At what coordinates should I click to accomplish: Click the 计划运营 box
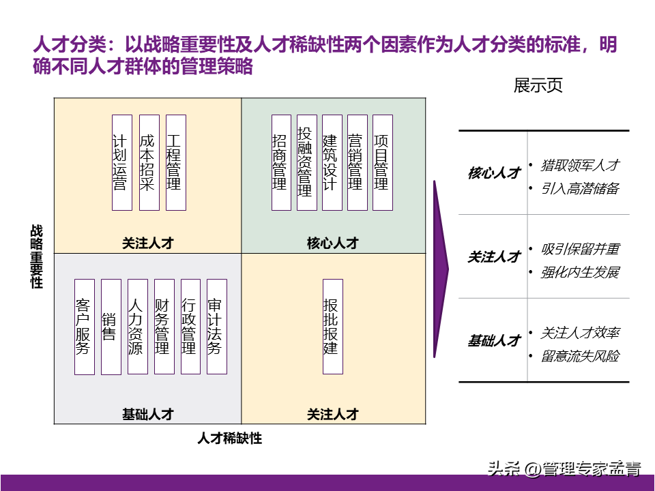click(x=121, y=162)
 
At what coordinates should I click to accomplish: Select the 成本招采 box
click(x=148, y=162)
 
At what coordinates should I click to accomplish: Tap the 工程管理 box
click(x=175, y=162)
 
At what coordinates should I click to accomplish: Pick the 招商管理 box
click(x=280, y=162)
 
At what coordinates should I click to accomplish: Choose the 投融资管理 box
click(x=306, y=162)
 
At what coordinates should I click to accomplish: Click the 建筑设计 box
click(x=332, y=162)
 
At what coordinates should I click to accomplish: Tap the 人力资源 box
click(x=137, y=327)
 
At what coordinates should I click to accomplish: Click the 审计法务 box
click(x=216, y=327)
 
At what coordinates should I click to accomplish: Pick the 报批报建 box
click(x=332, y=327)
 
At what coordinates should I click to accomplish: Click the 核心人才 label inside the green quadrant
click(x=332, y=243)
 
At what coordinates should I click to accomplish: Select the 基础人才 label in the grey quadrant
click(x=148, y=414)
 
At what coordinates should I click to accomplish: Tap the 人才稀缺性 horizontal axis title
click(x=230, y=438)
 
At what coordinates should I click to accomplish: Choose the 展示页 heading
click(x=538, y=86)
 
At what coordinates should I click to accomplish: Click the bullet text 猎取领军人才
click(x=580, y=165)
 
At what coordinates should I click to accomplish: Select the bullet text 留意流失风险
click(x=580, y=356)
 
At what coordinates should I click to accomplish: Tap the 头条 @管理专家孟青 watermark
click(x=564, y=469)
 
